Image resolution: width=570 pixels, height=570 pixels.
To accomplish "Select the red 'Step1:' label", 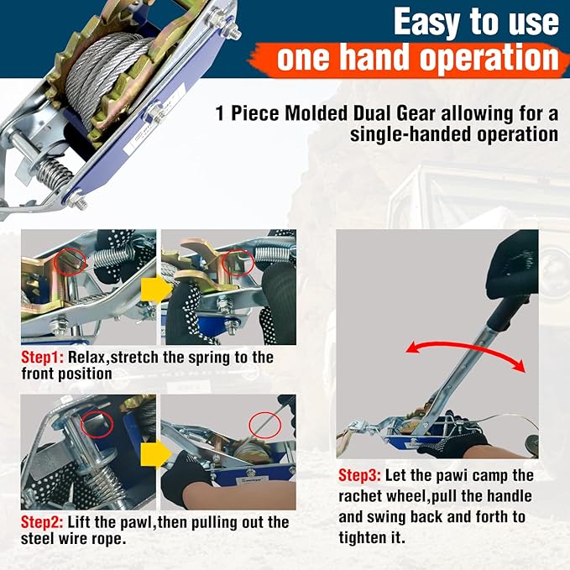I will pyautogui.click(x=42, y=358).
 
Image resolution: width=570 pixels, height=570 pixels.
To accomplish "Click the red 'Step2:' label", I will pyautogui.click(x=42, y=523).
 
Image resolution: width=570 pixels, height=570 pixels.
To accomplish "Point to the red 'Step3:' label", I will pyautogui.click(x=363, y=476).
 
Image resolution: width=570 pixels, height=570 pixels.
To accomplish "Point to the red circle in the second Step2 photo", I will pyautogui.click(x=263, y=422).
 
